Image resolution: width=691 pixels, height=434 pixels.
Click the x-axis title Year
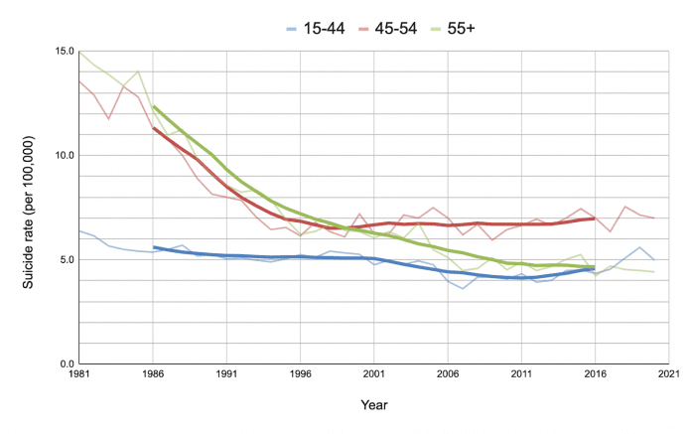click(373, 405)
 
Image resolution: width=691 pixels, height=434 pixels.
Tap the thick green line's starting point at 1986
click(153, 106)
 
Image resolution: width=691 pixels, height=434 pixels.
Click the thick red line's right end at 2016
click(594, 218)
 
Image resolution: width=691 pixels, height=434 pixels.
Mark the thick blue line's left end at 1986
click(153, 247)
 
